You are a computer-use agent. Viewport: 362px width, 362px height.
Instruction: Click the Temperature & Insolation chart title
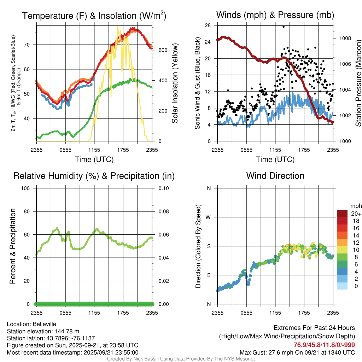click(x=94, y=16)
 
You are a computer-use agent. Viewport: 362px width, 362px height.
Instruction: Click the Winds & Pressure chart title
click(x=275, y=15)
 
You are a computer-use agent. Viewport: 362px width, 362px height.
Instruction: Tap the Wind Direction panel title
click(x=275, y=176)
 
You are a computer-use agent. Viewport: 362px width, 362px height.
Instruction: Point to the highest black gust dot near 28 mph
click(x=284, y=27)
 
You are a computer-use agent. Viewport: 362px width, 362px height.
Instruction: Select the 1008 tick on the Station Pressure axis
click(x=344, y=38)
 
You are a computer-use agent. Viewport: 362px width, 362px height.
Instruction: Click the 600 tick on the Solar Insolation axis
click(x=162, y=50)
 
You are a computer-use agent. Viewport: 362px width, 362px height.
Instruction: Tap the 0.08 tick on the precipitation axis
click(x=163, y=211)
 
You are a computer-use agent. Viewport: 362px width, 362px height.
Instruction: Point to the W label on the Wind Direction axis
click(x=209, y=217)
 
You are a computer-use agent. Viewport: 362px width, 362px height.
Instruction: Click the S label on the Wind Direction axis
click(x=209, y=246)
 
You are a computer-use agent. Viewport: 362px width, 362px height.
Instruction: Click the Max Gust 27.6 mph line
click(x=297, y=352)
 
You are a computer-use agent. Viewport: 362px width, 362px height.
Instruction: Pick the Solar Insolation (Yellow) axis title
click(x=175, y=83)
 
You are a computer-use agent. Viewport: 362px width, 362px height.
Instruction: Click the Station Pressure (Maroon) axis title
click(x=358, y=83)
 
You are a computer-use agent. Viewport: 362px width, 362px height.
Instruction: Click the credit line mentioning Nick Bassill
click(x=181, y=359)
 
